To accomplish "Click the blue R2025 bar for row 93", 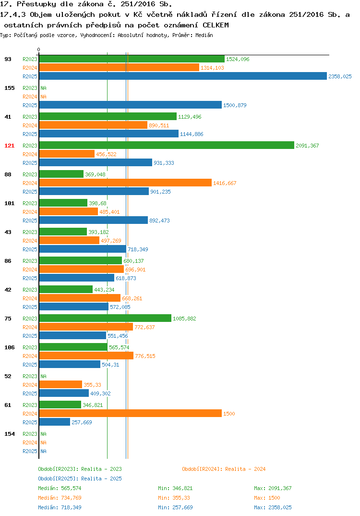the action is point(183,76).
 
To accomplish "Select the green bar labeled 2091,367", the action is point(167,145).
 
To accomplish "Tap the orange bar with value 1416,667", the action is point(125,183).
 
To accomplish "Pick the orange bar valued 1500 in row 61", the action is point(131,413).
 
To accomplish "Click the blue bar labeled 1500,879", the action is point(131,105).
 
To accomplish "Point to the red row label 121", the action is point(10,146).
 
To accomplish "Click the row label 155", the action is point(10,88).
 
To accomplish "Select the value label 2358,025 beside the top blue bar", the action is point(340,76).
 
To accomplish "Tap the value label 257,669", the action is point(82,422).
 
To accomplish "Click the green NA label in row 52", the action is point(43,376).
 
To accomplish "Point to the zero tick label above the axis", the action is point(39,49).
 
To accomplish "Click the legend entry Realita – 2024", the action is point(224,469).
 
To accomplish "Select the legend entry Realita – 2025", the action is point(80,479).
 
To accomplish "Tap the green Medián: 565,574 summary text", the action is point(60,488).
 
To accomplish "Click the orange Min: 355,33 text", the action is point(174,498).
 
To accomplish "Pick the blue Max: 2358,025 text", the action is point(273,507).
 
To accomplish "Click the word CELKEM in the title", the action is point(216,25).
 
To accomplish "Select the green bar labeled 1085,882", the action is point(105,318).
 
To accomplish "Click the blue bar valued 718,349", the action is point(83,249).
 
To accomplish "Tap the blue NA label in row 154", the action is point(43,451).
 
